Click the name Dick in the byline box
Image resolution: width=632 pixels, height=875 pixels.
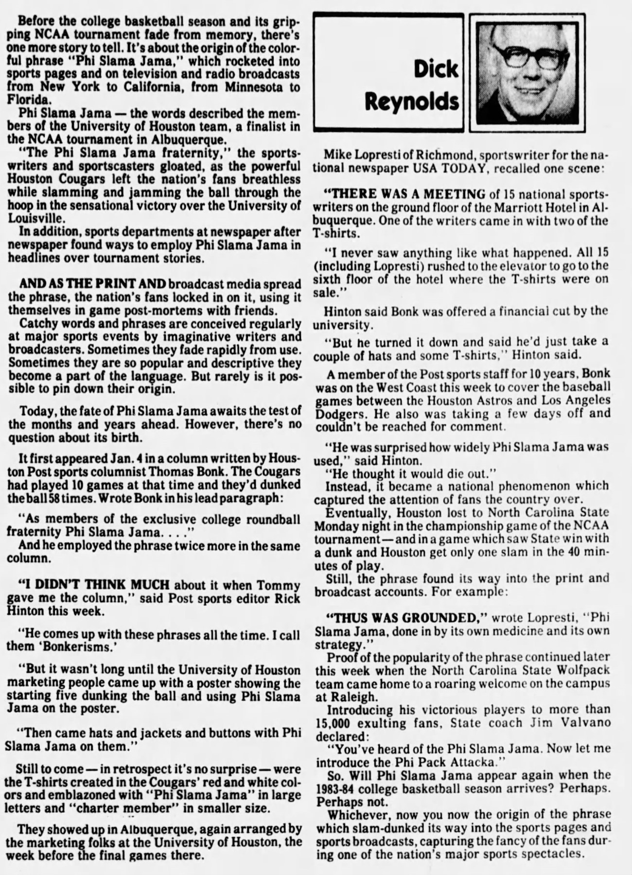point(436,70)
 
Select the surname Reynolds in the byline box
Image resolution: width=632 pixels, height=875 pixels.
point(411,102)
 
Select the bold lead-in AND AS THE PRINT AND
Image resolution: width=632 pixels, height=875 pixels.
point(93,283)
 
